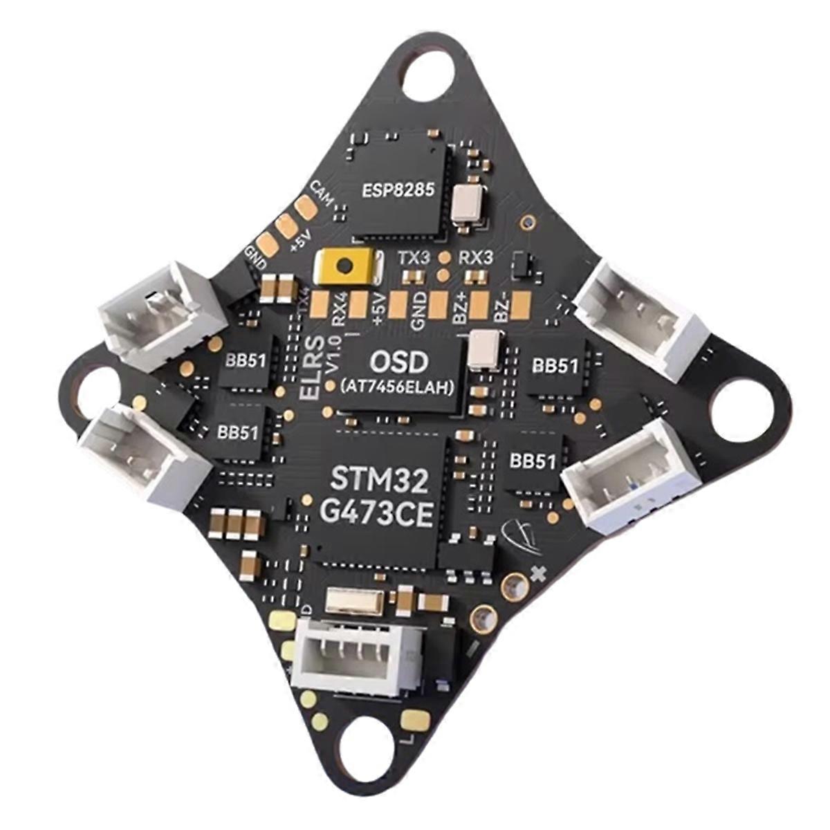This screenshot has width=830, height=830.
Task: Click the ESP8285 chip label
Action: [x=399, y=189]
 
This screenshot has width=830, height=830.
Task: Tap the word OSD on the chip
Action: [x=399, y=362]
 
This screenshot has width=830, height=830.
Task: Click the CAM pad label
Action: [x=322, y=191]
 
